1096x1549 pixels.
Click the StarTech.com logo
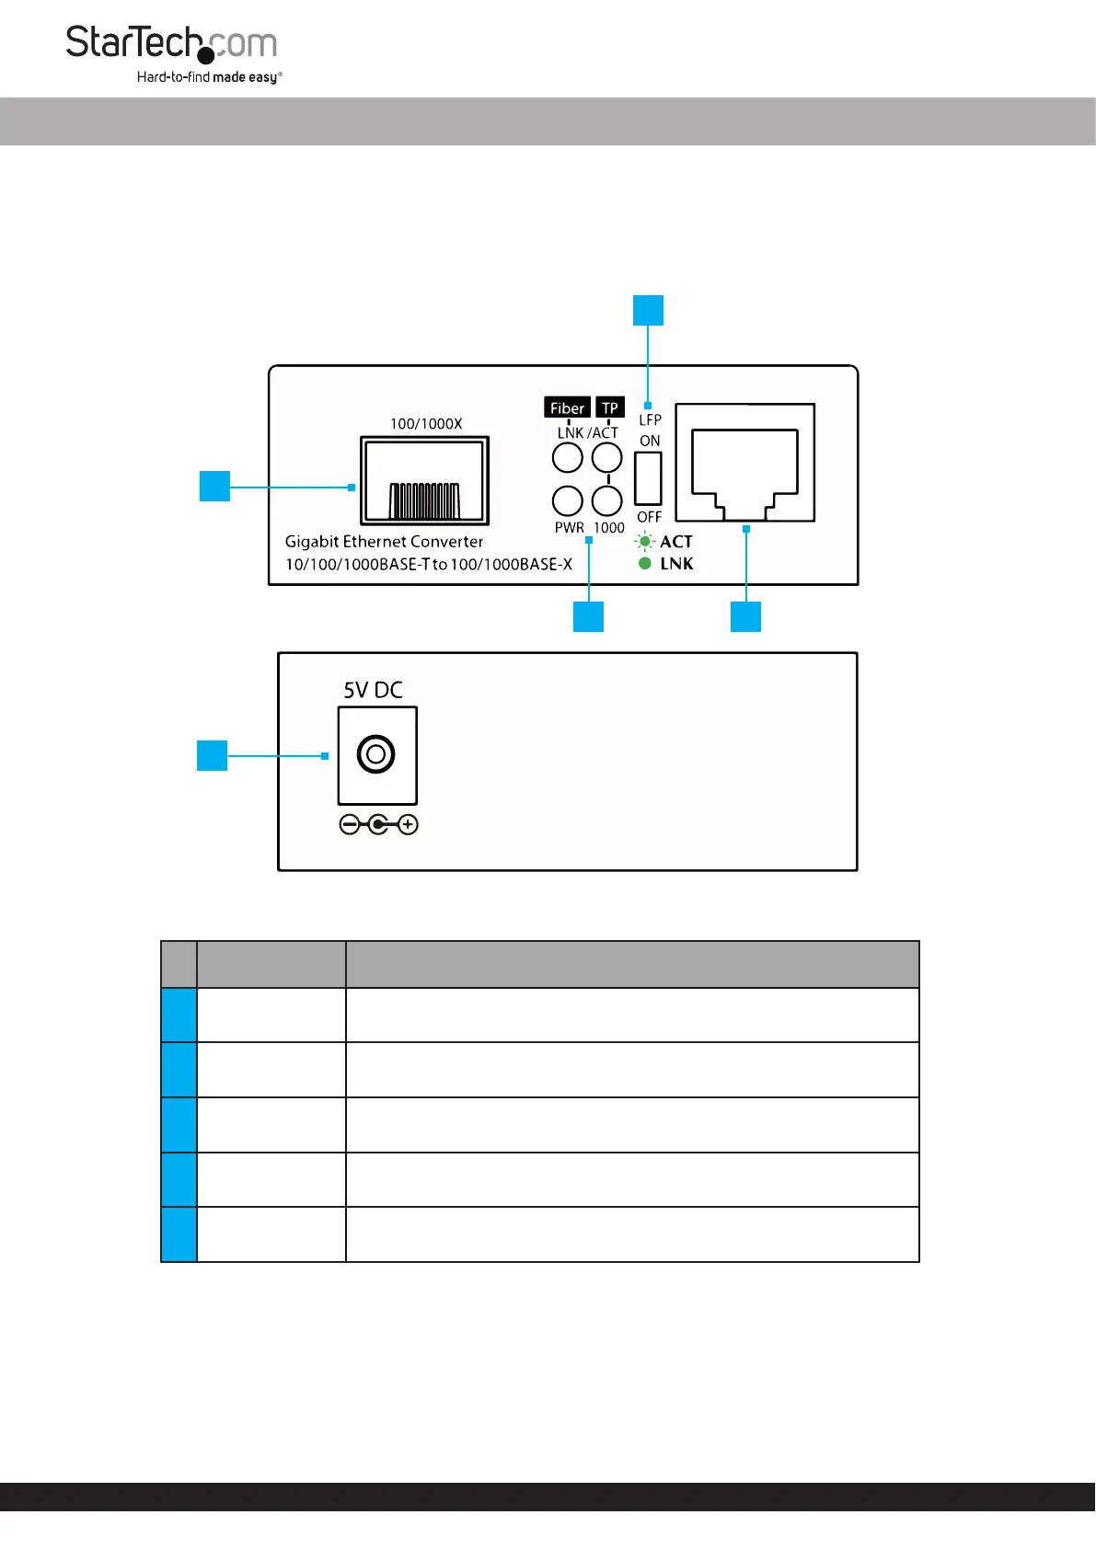(x=171, y=44)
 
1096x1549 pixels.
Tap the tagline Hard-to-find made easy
(x=209, y=77)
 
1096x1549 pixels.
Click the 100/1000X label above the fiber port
(x=426, y=424)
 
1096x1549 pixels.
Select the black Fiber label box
(x=567, y=408)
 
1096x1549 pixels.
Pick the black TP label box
(x=610, y=407)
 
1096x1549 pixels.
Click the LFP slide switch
(x=648, y=478)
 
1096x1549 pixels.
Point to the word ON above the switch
(x=650, y=441)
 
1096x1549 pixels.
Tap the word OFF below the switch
(x=650, y=517)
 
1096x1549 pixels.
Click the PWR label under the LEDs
(x=569, y=528)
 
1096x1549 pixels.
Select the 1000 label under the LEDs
(x=609, y=528)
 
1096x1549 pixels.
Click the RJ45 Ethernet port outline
(x=744, y=463)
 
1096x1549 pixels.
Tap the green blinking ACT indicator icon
(x=645, y=542)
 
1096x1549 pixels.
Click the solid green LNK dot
(x=645, y=563)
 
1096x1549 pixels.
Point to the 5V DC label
(x=373, y=690)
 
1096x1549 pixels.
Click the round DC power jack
(x=375, y=755)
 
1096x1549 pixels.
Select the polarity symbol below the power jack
(x=378, y=824)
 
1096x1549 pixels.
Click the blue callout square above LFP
(x=648, y=310)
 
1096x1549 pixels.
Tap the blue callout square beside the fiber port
(x=214, y=486)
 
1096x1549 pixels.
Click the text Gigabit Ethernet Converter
(x=384, y=542)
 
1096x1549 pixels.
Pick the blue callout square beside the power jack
(x=213, y=755)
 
